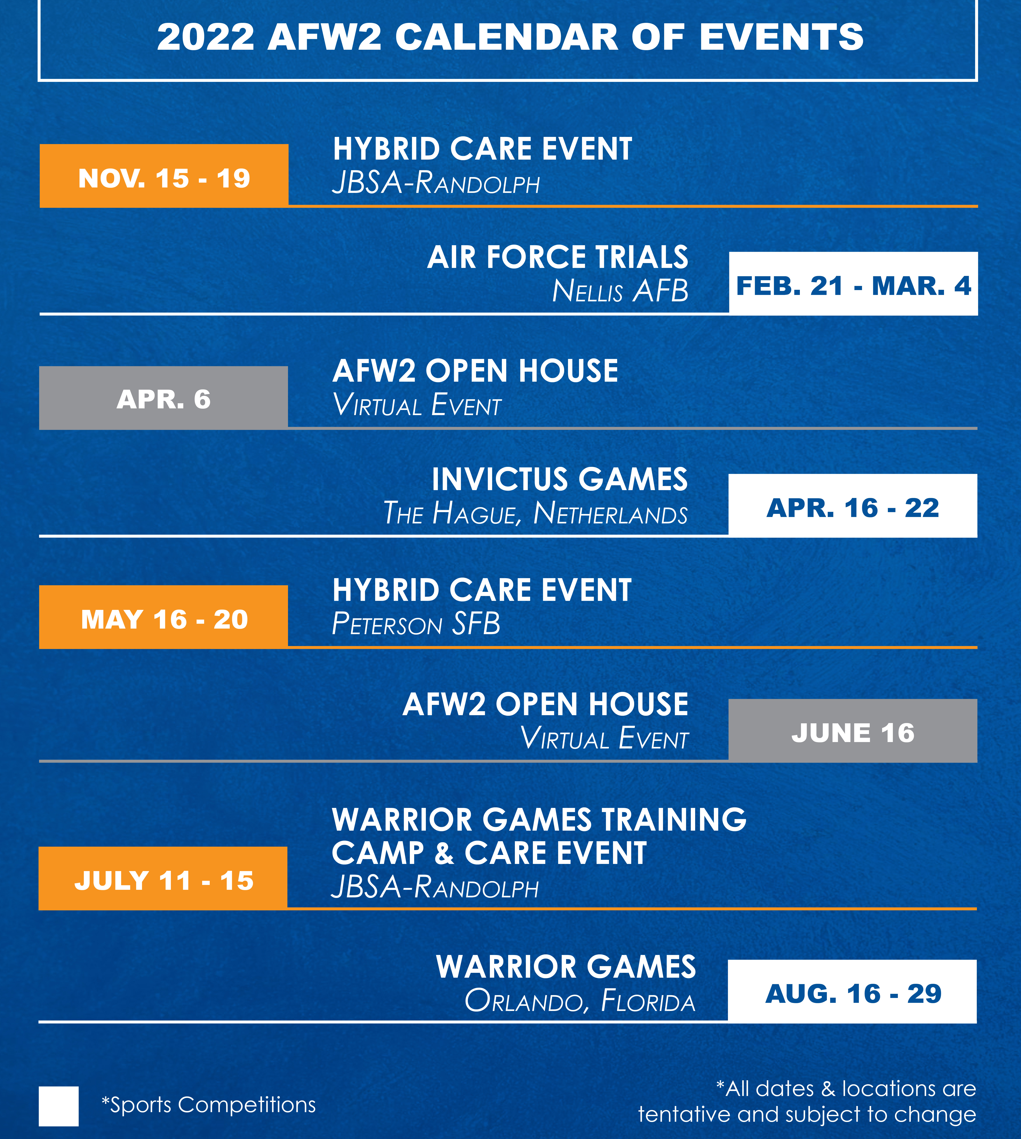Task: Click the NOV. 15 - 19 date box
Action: click(164, 176)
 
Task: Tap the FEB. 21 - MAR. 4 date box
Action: click(853, 283)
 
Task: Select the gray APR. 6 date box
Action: click(163, 398)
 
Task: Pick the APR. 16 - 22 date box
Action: click(853, 506)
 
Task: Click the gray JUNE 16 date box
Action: click(853, 730)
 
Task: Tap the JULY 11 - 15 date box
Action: click(163, 878)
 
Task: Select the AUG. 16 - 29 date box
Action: click(852, 991)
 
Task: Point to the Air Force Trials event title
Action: click(558, 257)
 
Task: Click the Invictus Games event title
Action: click(560, 480)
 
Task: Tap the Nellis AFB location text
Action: click(620, 291)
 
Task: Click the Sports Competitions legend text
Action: click(209, 1105)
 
